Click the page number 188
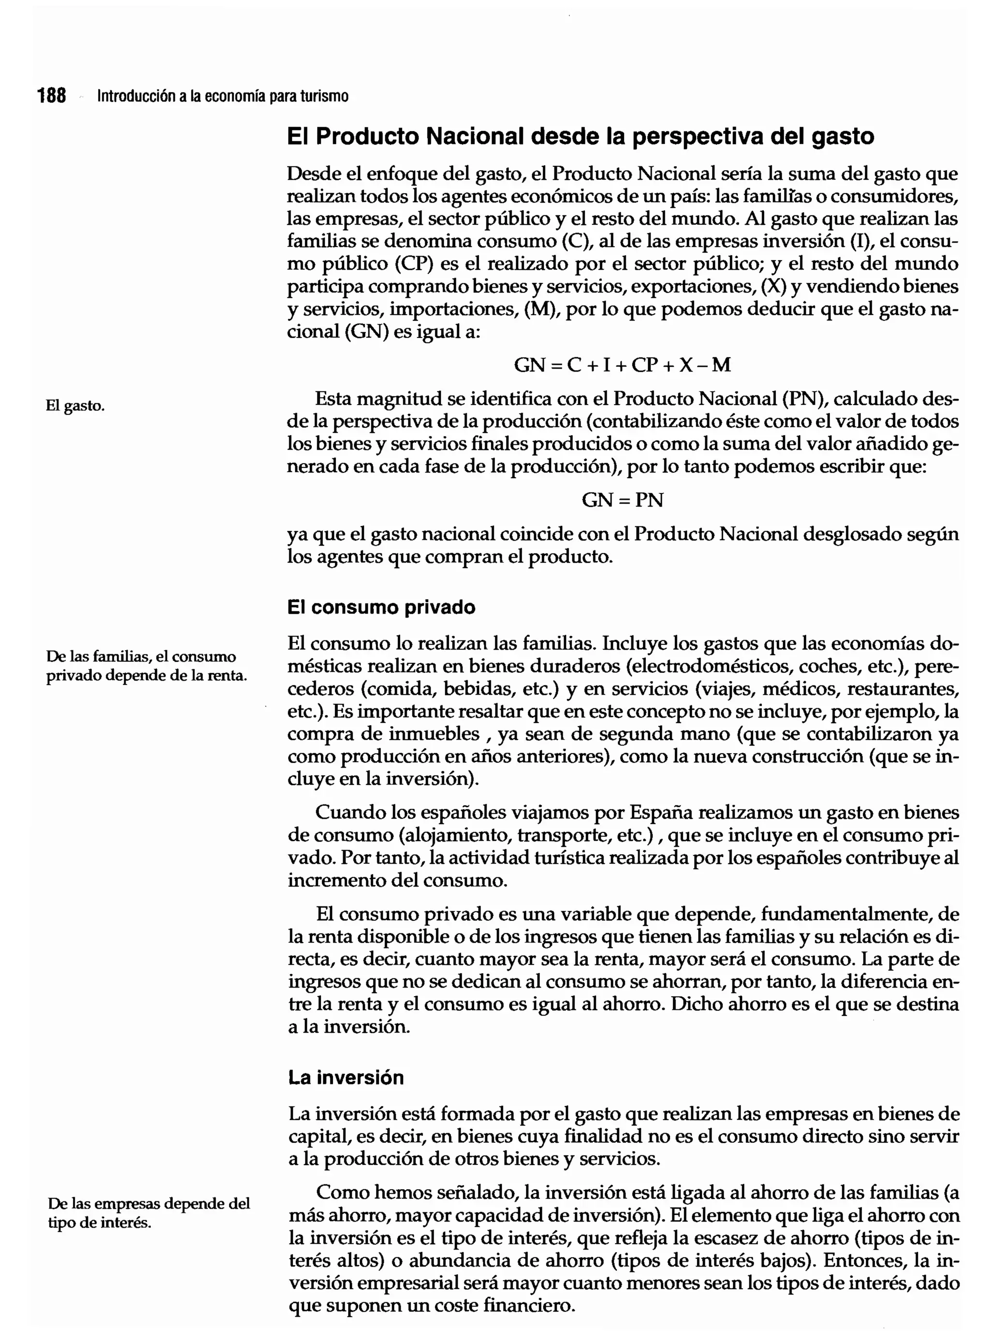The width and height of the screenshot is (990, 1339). click(x=52, y=95)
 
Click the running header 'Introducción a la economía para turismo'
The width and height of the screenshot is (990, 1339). click(x=222, y=96)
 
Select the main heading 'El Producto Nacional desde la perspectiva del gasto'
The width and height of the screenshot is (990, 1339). click(x=580, y=137)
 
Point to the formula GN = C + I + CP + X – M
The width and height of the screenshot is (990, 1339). click(x=622, y=365)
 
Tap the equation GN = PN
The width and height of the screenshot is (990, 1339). click(x=622, y=500)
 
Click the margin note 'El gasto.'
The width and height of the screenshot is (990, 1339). click(x=75, y=406)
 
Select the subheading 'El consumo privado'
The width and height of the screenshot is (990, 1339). click(x=381, y=608)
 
